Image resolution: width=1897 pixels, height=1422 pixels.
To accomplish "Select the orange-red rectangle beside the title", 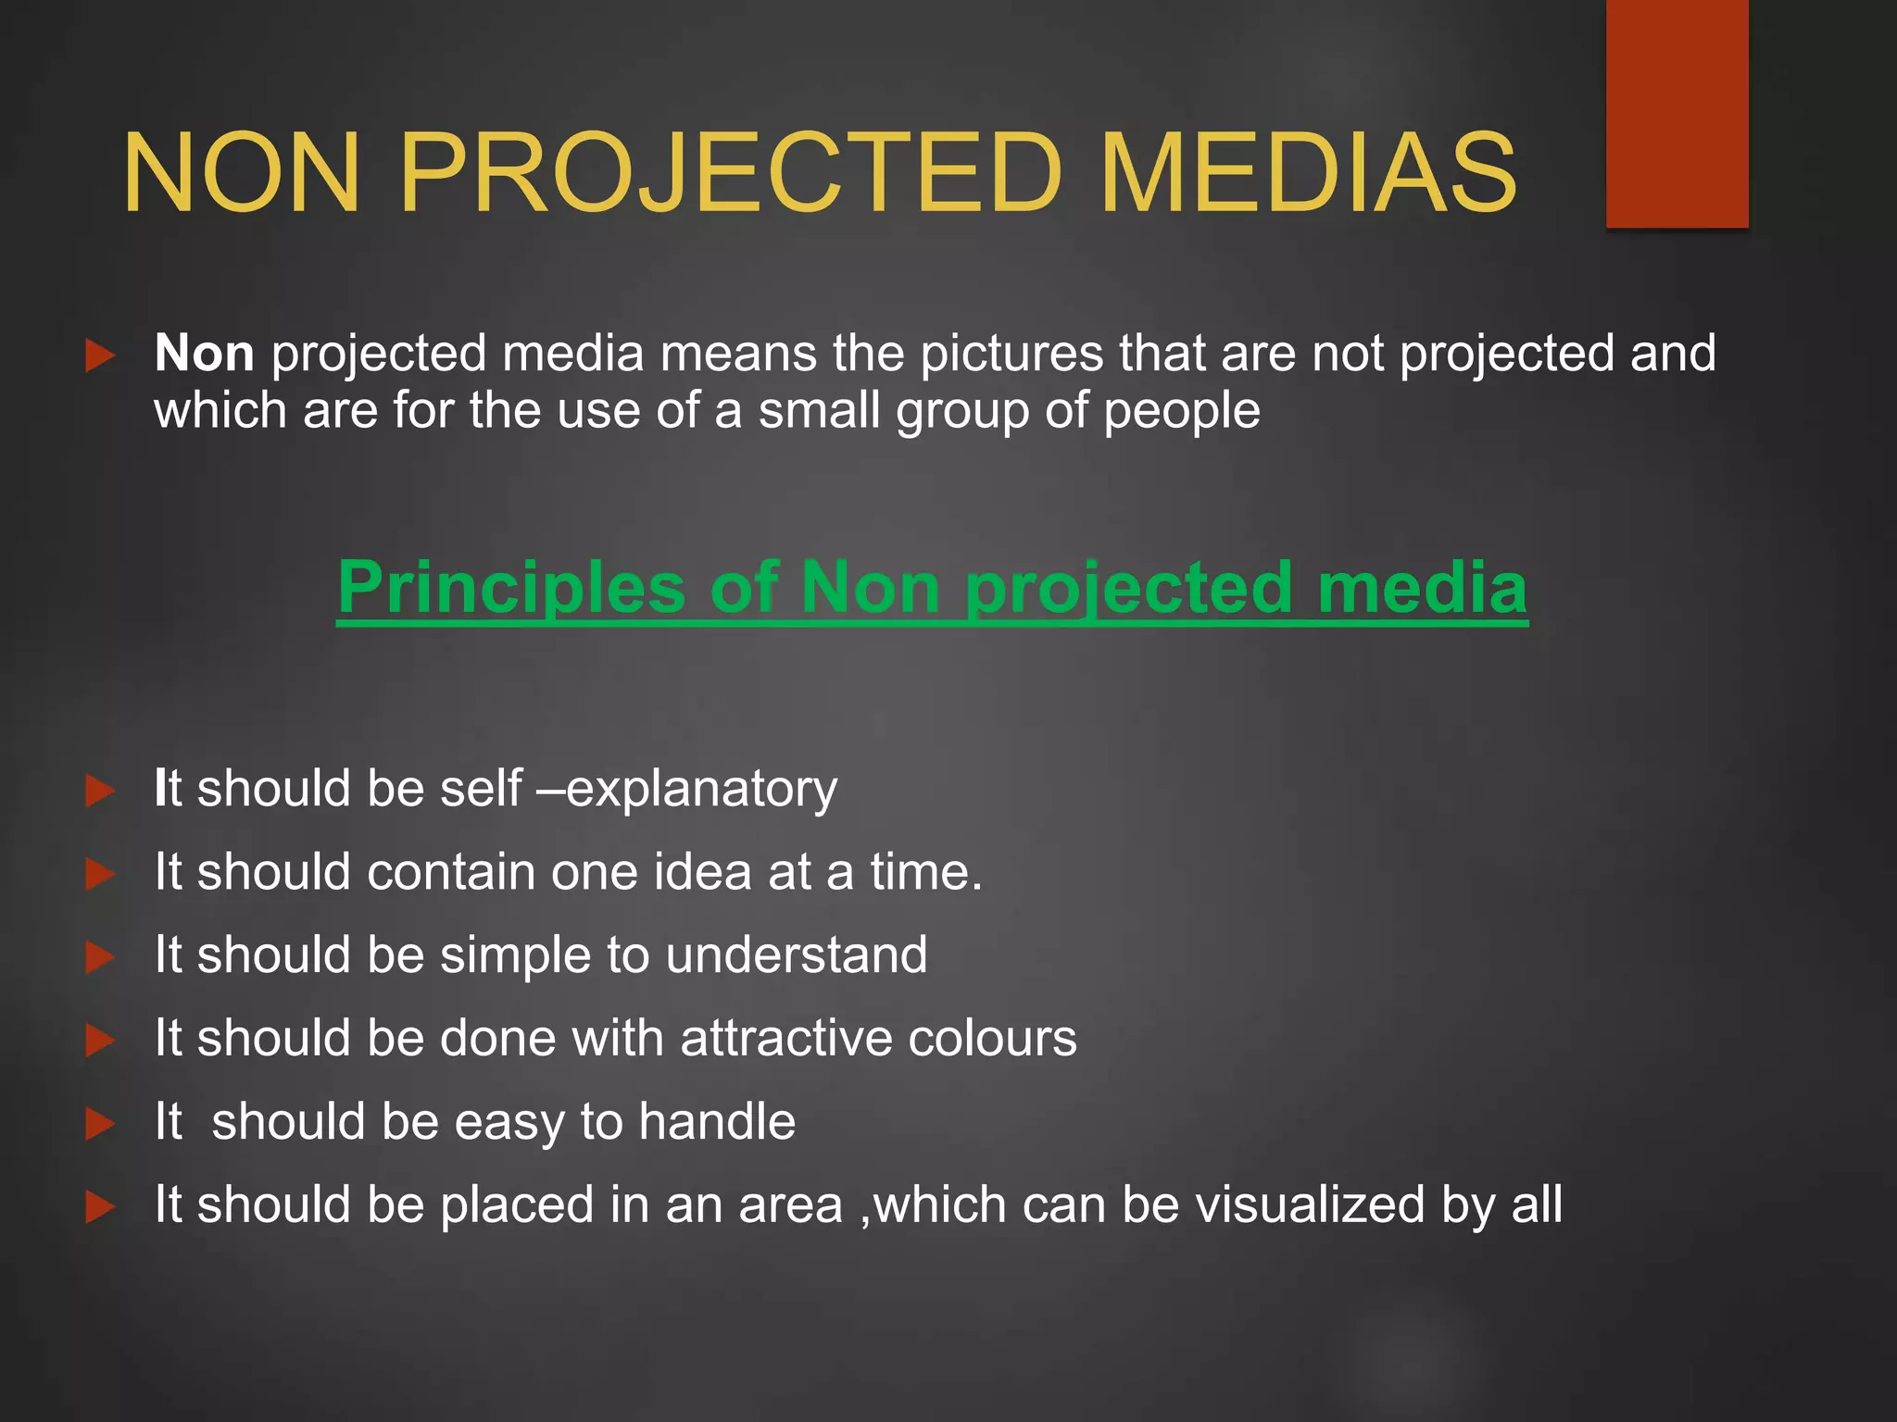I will [1677, 113].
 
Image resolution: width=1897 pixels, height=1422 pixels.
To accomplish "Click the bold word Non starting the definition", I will [204, 354].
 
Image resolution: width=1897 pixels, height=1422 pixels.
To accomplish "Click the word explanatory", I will [701, 789].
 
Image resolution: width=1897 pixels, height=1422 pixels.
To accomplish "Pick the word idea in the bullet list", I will [703, 872].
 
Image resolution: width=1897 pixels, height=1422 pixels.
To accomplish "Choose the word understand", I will [796, 954].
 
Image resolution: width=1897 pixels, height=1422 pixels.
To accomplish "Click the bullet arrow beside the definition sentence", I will [99, 355].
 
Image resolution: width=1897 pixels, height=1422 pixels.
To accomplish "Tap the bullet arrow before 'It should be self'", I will [99, 791].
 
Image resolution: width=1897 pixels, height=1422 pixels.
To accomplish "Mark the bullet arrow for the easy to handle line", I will [99, 1124].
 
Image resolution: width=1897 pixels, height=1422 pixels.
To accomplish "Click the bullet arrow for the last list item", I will [99, 1207].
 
